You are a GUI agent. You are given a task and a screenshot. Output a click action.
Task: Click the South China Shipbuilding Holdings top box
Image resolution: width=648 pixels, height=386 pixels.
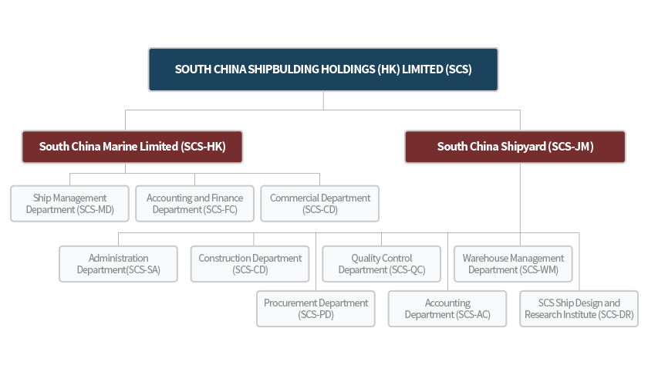[x=323, y=69]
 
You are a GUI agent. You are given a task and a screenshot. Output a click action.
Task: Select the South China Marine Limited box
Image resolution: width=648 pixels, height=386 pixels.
[x=132, y=146]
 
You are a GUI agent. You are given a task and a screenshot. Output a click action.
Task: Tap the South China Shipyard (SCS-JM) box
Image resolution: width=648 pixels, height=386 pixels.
[x=515, y=146]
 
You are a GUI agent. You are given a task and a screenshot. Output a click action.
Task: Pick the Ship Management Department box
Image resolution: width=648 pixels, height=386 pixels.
[x=69, y=204]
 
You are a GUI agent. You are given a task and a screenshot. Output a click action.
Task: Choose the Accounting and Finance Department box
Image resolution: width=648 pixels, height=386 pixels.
[x=194, y=204]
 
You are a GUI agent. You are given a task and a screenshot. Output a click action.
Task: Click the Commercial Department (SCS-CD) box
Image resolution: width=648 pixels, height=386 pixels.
[x=320, y=204]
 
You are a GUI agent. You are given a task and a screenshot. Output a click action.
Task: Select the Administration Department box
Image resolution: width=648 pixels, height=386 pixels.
[x=118, y=264]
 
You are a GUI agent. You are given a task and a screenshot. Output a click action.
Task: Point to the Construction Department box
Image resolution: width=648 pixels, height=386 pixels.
[x=250, y=264]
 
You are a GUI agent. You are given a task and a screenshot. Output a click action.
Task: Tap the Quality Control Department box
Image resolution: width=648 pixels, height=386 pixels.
[x=381, y=264]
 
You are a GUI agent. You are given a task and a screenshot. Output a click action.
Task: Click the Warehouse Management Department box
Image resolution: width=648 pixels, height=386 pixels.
[x=513, y=264]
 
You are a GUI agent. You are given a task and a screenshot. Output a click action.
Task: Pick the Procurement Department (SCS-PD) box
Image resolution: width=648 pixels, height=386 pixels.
[x=316, y=309]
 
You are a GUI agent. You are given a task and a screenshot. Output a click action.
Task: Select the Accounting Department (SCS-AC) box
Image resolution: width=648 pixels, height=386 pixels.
[x=447, y=309]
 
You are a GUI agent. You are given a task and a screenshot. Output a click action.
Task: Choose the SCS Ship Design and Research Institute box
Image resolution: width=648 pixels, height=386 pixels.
[x=579, y=309]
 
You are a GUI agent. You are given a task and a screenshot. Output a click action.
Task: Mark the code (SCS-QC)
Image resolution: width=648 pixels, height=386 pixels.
[x=407, y=270]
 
